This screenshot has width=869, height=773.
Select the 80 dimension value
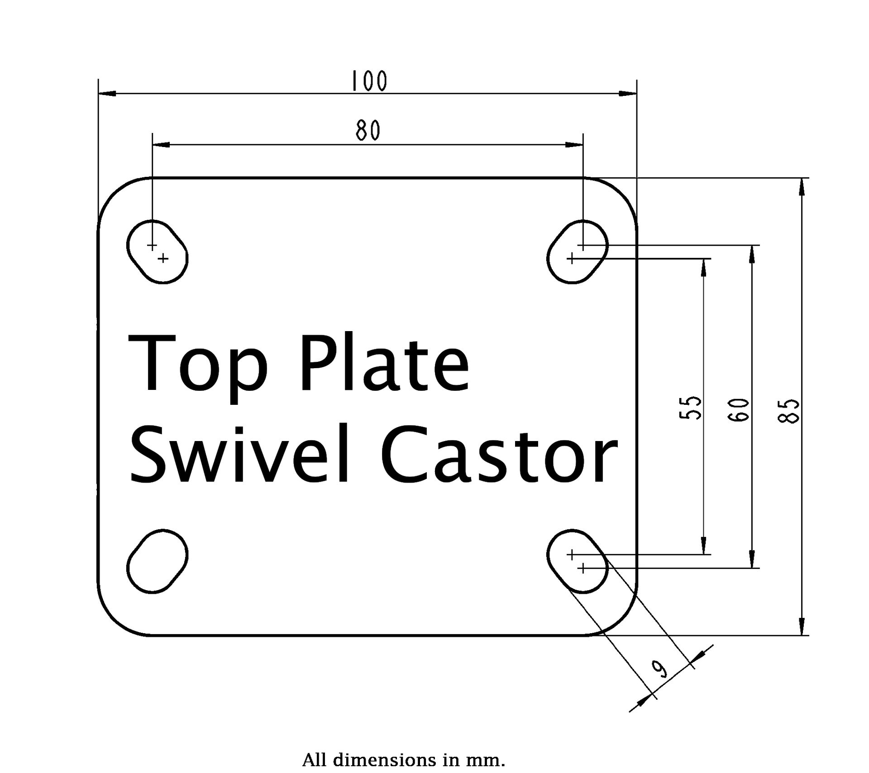pyautogui.click(x=368, y=131)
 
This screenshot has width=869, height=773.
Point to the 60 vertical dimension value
pyautogui.click(x=739, y=410)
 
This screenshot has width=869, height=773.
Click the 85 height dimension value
pyautogui.click(x=788, y=411)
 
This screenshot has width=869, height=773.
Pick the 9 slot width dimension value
pyautogui.click(x=660, y=669)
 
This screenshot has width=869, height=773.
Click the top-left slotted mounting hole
pyautogui.click(x=157, y=252)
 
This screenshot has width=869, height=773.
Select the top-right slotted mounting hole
pyautogui.click(x=578, y=252)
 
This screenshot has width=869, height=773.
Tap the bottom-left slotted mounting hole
pyautogui.click(x=157, y=560)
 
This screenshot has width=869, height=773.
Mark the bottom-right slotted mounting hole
pyautogui.click(x=578, y=560)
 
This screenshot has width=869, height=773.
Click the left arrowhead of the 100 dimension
pyautogui.click(x=108, y=94)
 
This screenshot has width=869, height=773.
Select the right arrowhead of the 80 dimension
pyautogui.click(x=574, y=145)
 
